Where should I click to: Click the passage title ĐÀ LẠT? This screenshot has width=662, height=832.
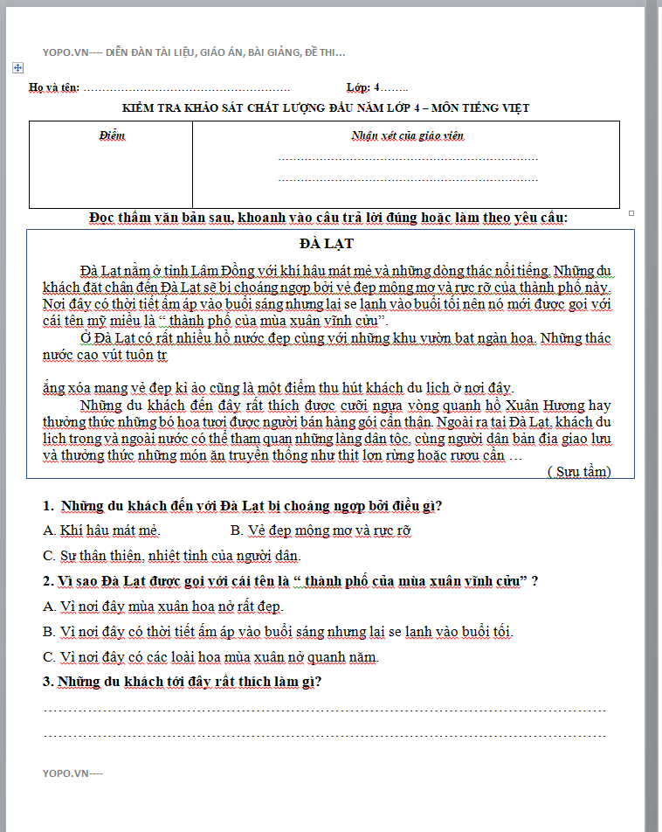click(326, 243)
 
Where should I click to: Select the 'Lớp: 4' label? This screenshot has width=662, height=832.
click(364, 87)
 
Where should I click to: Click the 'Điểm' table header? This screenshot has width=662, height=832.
click(112, 136)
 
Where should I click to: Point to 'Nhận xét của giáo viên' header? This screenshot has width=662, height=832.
click(407, 135)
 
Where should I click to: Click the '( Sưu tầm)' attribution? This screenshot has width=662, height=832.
click(578, 472)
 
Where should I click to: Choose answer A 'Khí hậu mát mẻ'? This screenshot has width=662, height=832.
click(102, 530)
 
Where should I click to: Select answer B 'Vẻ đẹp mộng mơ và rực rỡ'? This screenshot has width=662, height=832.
click(321, 530)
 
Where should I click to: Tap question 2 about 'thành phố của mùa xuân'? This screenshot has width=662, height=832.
click(289, 581)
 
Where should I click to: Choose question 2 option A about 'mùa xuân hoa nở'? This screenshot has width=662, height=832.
click(163, 607)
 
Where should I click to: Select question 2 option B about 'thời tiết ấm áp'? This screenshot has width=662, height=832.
click(278, 632)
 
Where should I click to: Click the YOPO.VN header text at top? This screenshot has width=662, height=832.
click(194, 52)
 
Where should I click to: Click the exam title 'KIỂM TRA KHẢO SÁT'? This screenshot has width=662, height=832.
click(326, 108)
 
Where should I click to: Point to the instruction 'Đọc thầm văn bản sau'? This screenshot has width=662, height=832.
click(328, 218)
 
